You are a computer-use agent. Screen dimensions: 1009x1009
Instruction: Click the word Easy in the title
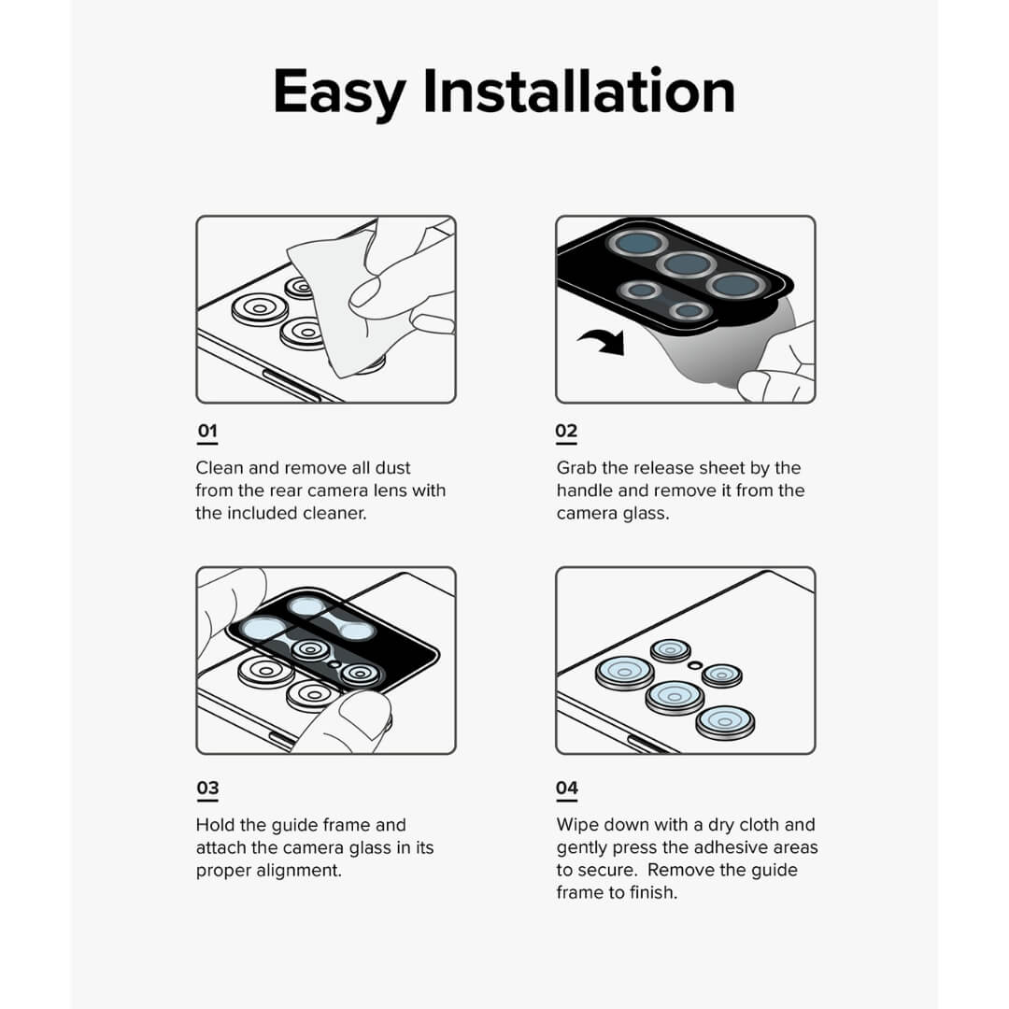point(339,92)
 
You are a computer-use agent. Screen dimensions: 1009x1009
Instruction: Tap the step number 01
point(207,432)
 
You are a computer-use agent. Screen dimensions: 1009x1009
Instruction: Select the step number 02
point(566,432)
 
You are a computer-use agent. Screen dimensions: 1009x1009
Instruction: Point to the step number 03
point(207,789)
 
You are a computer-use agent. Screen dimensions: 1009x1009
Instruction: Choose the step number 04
point(566,789)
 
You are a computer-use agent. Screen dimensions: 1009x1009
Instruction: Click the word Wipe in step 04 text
point(577,825)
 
